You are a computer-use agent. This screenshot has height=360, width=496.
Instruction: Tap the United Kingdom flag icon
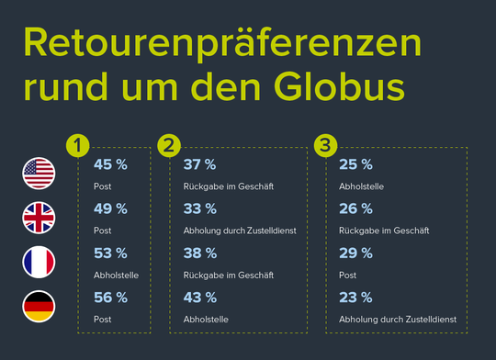tap(39, 218)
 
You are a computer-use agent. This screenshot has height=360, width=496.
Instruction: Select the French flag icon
tap(39, 263)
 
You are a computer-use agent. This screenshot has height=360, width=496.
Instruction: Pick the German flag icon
tap(39, 307)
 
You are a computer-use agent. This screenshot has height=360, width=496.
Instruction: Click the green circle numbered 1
tap(81, 145)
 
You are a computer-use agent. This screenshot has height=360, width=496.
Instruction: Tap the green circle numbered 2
tap(170, 145)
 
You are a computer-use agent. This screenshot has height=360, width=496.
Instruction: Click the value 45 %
tap(111, 165)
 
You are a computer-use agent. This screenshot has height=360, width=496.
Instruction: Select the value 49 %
tap(111, 208)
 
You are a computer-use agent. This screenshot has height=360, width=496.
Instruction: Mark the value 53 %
tap(111, 253)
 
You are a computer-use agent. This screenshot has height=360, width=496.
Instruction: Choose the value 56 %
tap(111, 297)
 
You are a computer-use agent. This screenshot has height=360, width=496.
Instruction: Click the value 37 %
tap(199, 165)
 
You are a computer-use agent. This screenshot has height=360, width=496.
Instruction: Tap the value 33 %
tap(199, 208)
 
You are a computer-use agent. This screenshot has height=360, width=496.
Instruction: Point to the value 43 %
tap(199, 297)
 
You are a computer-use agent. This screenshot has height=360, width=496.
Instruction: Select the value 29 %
tap(355, 253)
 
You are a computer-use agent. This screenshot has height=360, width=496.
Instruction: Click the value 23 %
tap(355, 297)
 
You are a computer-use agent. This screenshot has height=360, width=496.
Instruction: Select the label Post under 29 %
tap(347, 274)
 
